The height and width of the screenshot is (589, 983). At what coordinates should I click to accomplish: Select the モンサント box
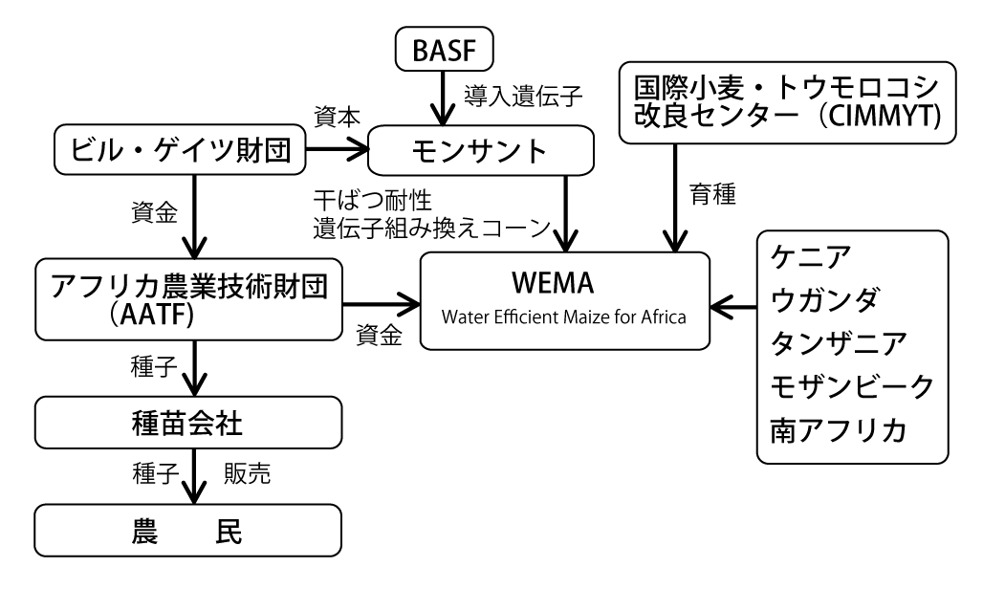[x=479, y=151]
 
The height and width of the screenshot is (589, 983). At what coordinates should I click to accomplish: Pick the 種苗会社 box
[x=187, y=422]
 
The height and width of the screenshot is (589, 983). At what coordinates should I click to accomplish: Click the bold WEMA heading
[x=564, y=287]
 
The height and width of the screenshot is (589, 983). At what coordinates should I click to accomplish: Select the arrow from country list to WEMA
[x=736, y=308]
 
